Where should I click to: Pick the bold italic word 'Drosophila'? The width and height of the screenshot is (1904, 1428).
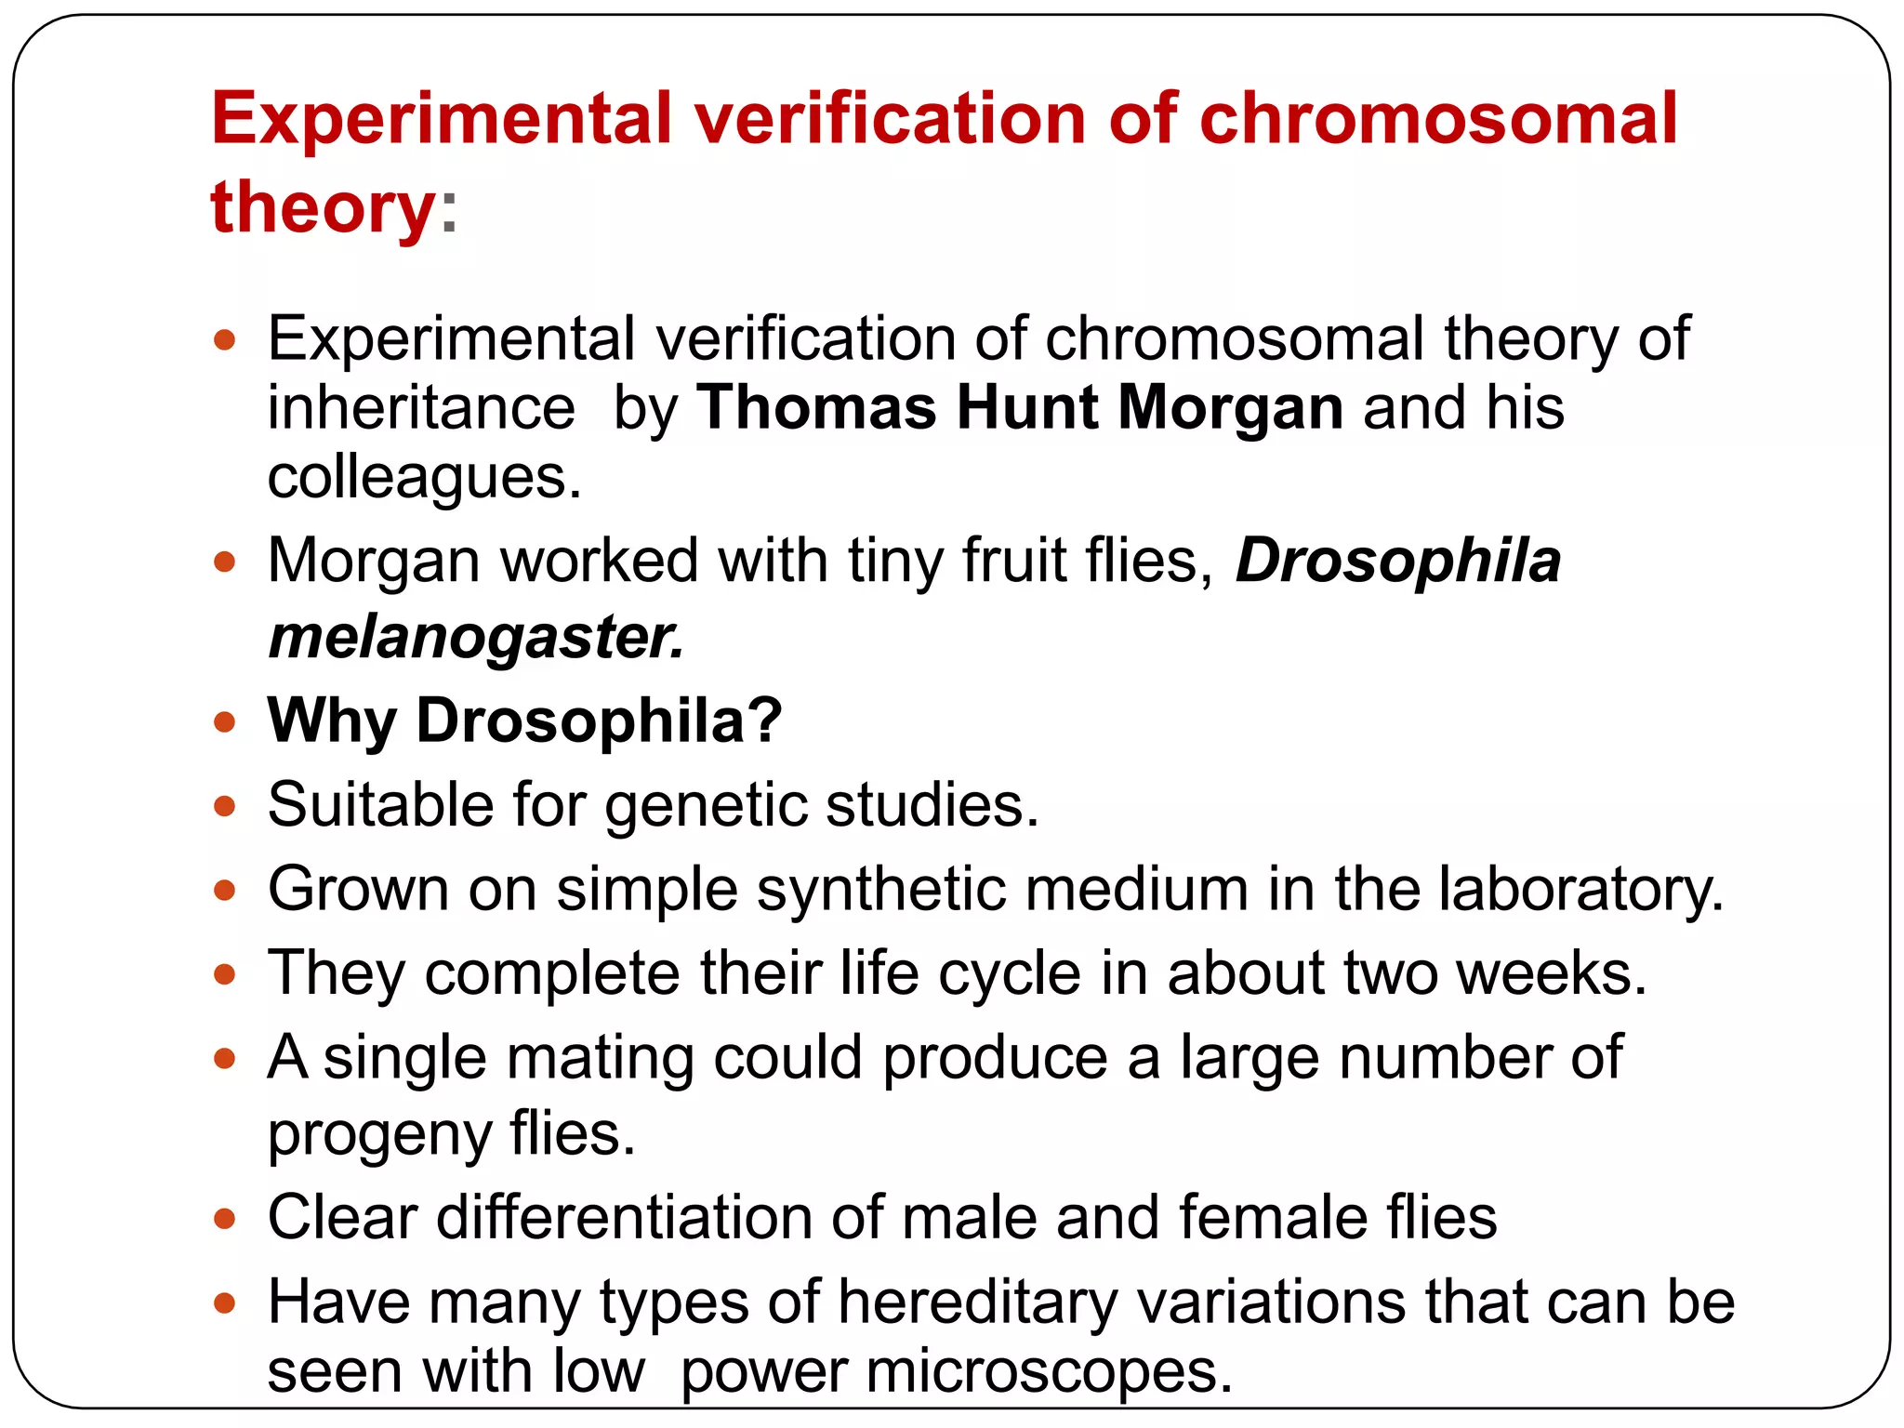click(x=1397, y=561)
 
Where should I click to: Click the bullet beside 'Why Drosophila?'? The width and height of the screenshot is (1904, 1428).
click(x=224, y=721)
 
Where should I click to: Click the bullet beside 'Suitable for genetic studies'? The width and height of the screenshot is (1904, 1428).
click(x=224, y=805)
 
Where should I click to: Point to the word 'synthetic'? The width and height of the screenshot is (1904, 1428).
click(x=880, y=889)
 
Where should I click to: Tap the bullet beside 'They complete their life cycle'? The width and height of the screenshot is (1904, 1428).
click(x=224, y=974)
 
